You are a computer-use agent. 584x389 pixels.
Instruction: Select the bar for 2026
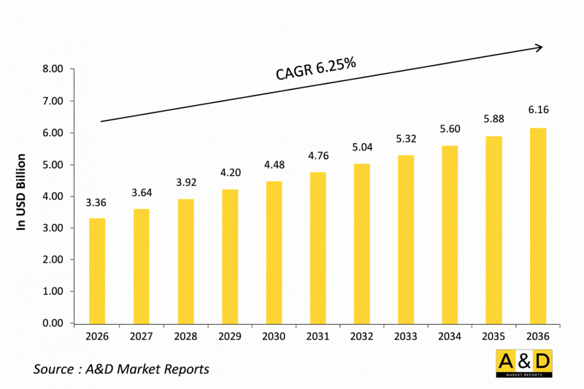pyautogui.click(x=98, y=271)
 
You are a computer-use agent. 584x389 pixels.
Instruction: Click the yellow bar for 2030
pyautogui.click(x=274, y=252)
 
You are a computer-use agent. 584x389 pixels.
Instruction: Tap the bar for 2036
pyautogui.click(x=538, y=226)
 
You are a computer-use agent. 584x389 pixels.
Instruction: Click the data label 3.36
pyautogui.click(x=98, y=202)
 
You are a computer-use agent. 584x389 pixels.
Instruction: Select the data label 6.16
pyautogui.click(x=538, y=110)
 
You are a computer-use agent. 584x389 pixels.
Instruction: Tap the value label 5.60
pyautogui.click(x=450, y=128)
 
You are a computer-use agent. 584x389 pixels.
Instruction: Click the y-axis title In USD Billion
pyautogui.click(x=21, y=193)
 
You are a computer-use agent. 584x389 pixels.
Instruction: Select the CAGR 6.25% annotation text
pyautogui.click(x=315, y=69)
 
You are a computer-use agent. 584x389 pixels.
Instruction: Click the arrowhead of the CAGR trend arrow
pyautogui.click(x=539, y=47)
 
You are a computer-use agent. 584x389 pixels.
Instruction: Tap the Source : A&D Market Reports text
pyautogui.click(x=121, y=369)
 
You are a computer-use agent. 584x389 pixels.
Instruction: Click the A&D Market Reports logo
pyautogui.click(x=523, y=363)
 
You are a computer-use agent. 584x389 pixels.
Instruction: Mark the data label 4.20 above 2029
pyautogui.click(x=230, y=173)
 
